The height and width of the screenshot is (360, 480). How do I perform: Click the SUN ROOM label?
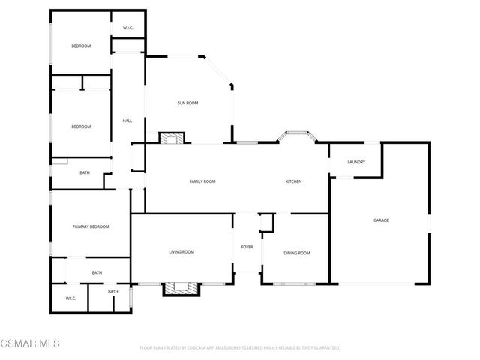(x=187, y=103)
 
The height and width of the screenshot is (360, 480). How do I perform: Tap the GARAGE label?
(x=381, y=220)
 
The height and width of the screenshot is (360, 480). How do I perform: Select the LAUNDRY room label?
(x=355, y=162)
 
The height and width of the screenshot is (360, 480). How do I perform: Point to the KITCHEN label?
(x=293, y=181)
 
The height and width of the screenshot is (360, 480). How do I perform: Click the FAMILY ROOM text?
(x=202, y=181)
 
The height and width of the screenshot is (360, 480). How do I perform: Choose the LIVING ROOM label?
(x=181, y=252)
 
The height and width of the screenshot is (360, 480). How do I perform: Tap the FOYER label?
(x=247, y=247)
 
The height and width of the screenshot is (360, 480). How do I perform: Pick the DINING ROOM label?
(x=296, y=253)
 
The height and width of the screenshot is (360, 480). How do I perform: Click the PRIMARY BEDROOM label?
(x=90, y=226)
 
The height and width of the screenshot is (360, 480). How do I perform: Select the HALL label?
(x=127, y=121)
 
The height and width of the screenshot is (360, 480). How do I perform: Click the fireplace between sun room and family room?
(x=172, y=137)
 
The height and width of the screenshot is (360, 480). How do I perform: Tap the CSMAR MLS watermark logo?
(x=30, y=343)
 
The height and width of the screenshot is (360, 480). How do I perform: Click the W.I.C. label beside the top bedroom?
(x=127, y=28)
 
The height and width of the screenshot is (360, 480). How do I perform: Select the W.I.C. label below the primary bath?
(x=70, y=298)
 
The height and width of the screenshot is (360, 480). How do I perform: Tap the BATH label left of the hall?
(x=85, y=173)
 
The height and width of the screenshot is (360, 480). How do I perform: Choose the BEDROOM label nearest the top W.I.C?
(x=81, y=46)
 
